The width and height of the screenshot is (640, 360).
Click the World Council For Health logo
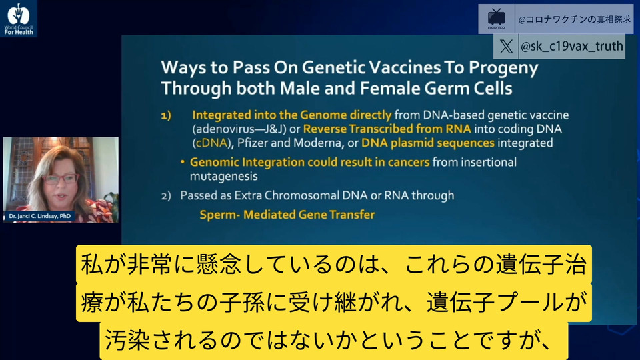19,19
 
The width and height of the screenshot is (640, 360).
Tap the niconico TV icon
496,19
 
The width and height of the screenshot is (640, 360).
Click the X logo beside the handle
506,47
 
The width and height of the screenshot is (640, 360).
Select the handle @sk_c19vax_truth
572,47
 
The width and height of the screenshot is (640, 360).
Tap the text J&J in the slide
275,129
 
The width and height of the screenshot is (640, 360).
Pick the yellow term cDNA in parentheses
211,143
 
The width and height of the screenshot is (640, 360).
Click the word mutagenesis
224,177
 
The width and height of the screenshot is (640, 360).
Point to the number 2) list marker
166,196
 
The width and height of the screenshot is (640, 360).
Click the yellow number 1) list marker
166,116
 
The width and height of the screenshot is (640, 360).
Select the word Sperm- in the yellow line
219,215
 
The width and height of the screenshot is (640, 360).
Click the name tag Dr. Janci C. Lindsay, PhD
39,216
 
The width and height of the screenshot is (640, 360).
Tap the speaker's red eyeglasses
61,179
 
